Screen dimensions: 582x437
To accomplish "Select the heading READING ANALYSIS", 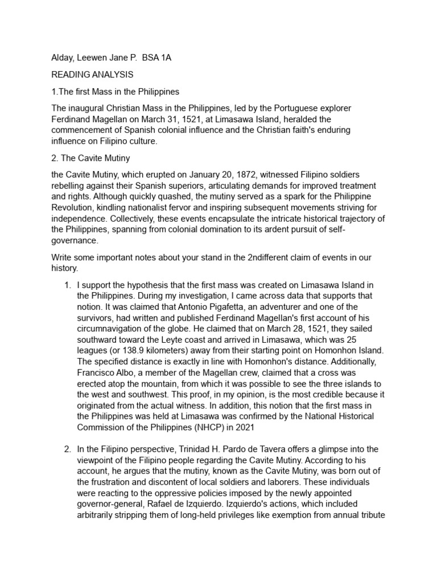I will [x=92, y=74].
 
